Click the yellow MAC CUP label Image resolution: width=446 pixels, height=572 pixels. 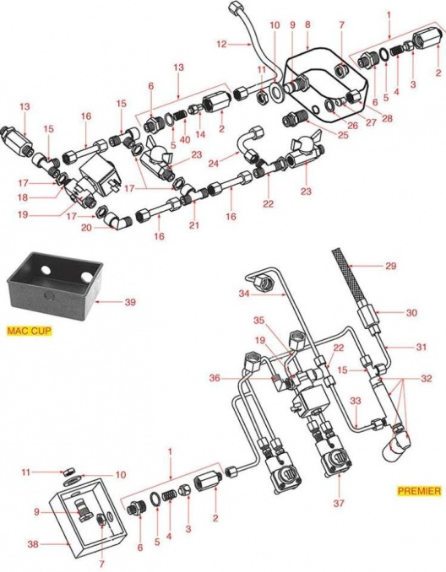coord(30,331)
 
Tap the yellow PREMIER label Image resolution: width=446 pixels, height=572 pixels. coord(419,491)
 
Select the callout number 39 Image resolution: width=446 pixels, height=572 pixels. coord(130,302)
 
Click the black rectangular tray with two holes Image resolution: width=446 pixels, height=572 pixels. coord(54,286)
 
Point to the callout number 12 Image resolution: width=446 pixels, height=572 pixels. coord(221,44)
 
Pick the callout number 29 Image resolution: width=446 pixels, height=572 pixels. coord(390,266)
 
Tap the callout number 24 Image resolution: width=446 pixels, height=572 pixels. coord(214,163)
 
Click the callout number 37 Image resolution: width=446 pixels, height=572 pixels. coord(339,504)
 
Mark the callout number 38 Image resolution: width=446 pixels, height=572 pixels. coord(33,544)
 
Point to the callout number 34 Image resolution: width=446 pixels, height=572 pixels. coord(245,294)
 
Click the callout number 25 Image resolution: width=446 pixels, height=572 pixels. coord(343,136)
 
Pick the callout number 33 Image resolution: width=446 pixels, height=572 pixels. coord(356,402)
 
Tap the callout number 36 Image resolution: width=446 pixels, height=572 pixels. coord(215,378)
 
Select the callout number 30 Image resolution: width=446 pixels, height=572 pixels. coord(411,313)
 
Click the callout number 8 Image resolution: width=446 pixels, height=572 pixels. coord(307,24)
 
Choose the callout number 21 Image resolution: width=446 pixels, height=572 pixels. coord(194,225)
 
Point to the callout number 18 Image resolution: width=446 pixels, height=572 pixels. coord(23,197)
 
